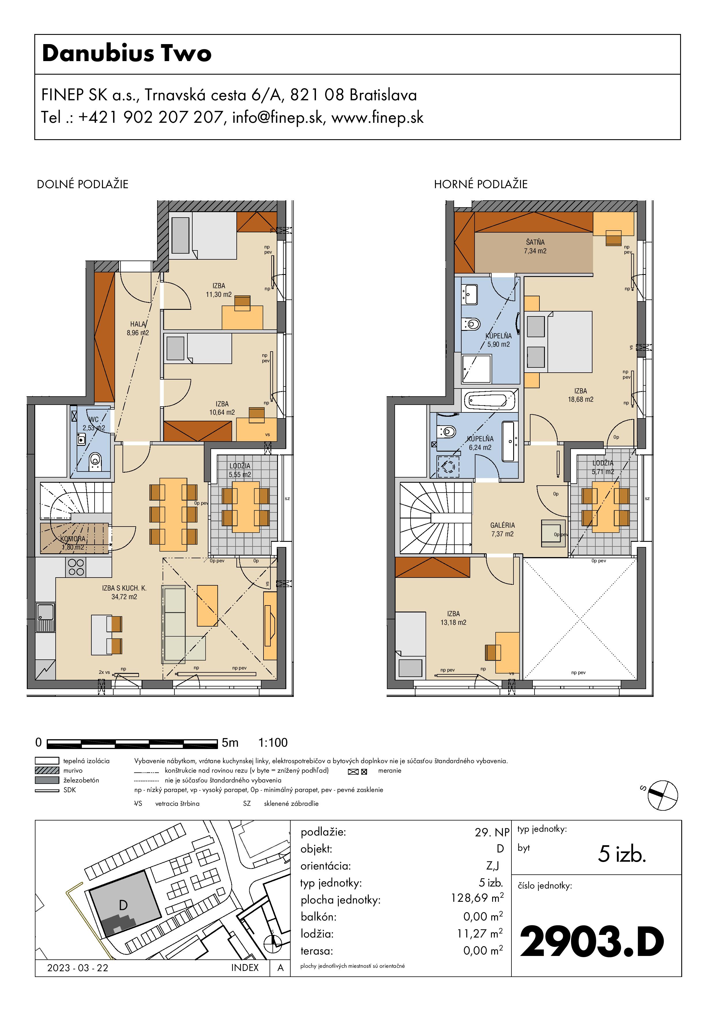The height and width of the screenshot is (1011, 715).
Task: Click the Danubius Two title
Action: pos(127,53)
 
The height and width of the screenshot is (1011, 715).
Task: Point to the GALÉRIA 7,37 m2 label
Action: pos(503,530)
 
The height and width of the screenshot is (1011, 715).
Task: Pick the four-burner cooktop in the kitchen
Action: pos(76,567)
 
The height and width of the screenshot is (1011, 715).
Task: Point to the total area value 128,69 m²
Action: pos(477,898)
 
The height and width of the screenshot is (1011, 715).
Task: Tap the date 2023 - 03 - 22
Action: pos(78,968)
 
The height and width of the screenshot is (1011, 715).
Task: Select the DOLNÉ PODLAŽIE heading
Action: pos(82,184)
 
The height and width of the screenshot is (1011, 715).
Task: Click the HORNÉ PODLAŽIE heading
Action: pos(481,184)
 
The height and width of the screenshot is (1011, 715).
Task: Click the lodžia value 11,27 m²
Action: pos(480,933)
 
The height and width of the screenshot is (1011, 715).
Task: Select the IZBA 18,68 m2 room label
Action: pos(581,395)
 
